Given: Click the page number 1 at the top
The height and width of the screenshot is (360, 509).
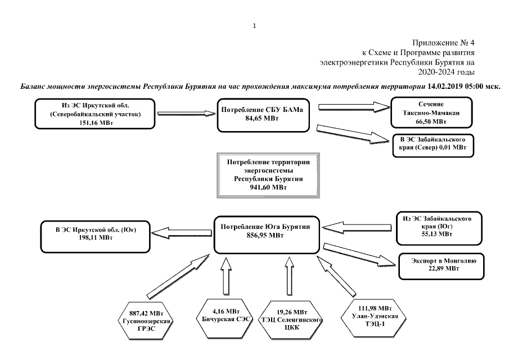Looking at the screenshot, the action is (x=254, y=26).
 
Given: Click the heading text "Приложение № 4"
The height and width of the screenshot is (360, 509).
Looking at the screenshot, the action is (x=443, y=43).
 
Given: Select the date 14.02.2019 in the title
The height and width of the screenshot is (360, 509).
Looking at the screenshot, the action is (x=445, y=87).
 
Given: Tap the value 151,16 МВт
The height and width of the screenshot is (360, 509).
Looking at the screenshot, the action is (x=96, y=123).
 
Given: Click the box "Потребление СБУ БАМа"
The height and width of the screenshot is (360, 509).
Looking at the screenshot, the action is (x=263, y=115).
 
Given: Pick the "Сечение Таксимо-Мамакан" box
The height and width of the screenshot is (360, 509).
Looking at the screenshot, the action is (x=431, y=112).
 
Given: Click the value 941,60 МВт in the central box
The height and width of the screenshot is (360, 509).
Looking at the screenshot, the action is (x=268, y=187).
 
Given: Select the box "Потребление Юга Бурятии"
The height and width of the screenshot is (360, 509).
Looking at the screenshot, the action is (x=267, y=235).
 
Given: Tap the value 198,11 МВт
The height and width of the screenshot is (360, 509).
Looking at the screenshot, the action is (x=96, y=238).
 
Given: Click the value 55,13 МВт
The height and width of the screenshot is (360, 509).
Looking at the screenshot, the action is (x=437, y=234).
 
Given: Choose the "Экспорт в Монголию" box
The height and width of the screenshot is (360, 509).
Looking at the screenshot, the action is (x=442, y=266).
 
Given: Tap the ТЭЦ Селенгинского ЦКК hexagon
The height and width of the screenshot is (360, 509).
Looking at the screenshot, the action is (x=291, y=319).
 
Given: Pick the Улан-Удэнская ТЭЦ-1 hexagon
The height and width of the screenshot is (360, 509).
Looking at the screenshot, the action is (x=374, y=316).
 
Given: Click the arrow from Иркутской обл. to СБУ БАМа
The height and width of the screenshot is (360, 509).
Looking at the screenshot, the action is (x=187, y=113).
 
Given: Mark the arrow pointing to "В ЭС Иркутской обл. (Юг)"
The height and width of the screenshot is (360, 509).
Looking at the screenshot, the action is (x=182, y=232).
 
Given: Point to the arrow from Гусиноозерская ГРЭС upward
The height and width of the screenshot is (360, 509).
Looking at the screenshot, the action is (x=178, y=276).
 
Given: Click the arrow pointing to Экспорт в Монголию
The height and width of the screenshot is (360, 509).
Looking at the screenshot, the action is (x=360, y=255).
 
